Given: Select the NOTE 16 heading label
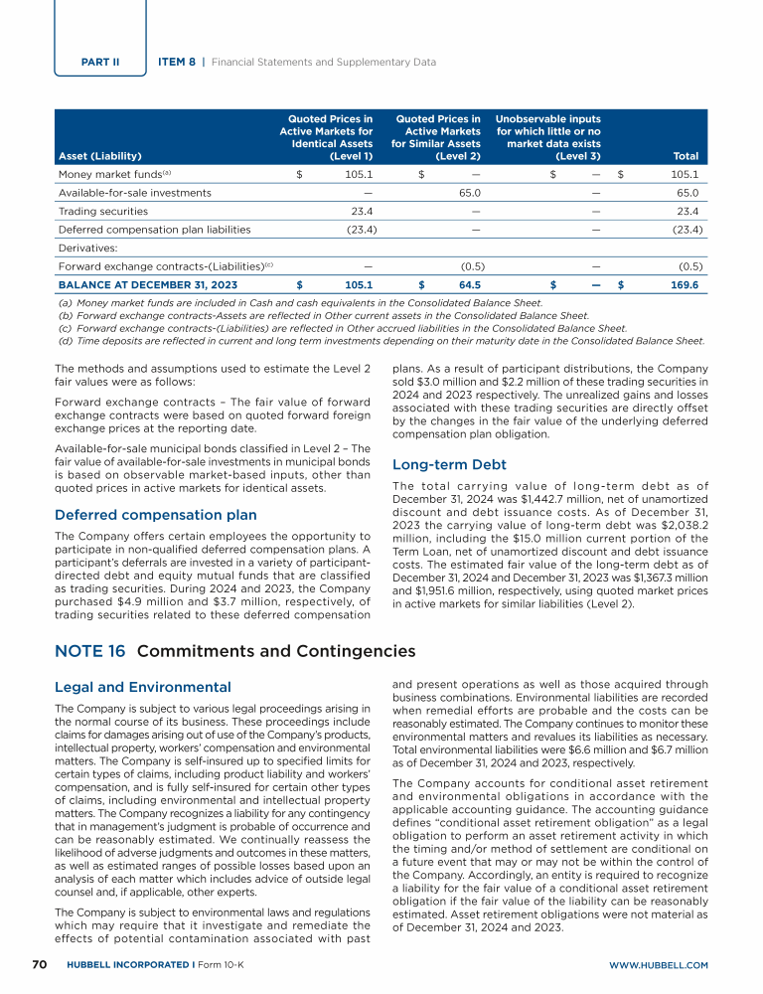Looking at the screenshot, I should click(x=89, y=652).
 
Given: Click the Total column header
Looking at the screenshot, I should click(x=686, y=156).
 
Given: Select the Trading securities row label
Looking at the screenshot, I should click(x=103, y=211).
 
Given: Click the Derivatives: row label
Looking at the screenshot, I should click(x=85, y=248).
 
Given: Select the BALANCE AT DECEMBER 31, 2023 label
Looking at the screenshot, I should click(x=148, y=284).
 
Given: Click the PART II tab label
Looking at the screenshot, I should click(x=100, y=62).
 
